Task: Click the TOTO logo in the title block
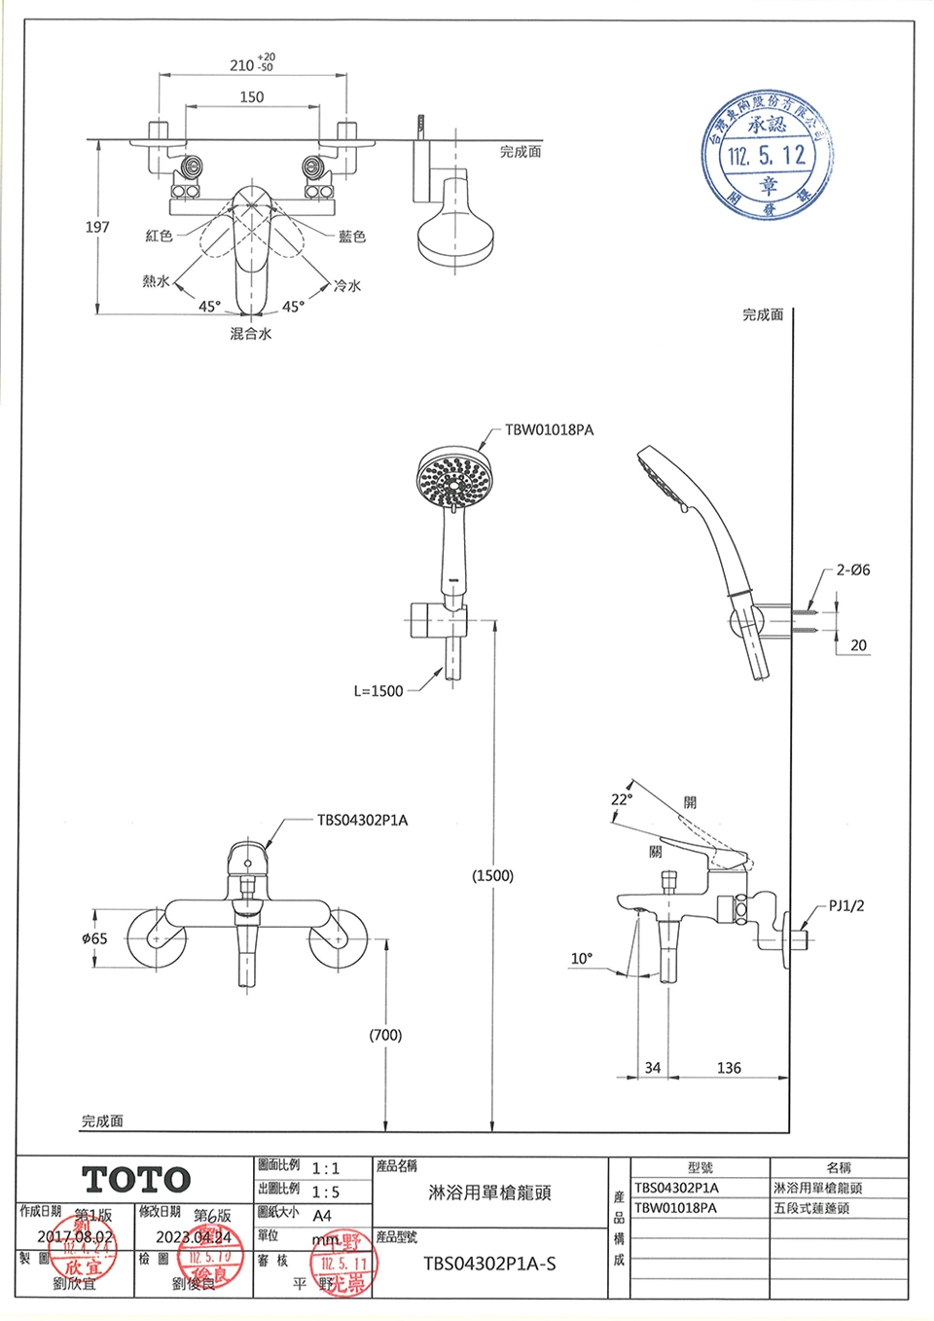pos(136,1180)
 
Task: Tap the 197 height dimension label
pos(97,227)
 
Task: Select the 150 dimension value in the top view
pos(251,96)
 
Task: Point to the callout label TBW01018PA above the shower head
pos(549,429)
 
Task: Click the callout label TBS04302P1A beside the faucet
pos(362,821)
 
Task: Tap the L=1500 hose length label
pos(377,691)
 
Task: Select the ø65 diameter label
pos(95,938)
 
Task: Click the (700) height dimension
pos(385,1035)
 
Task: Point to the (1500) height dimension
pos(492,875)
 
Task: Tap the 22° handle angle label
pos(621,799)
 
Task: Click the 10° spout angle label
pos(581,959)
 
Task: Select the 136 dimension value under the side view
pos(729,1068)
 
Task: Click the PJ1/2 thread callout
pos(846,905)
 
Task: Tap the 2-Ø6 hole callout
pos(852,570)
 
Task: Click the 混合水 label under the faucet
pos(251,334)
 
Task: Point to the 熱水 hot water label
pos(156,281)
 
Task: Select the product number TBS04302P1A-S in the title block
pos(489,1264)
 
